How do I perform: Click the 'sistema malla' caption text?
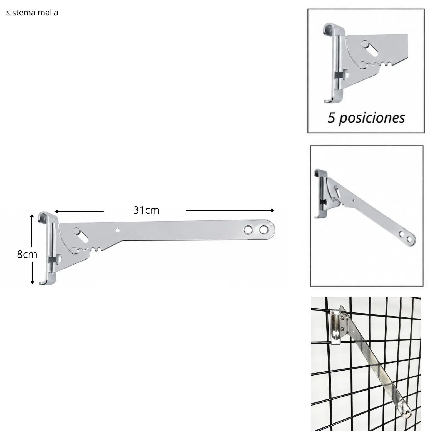click(x=32, y=13)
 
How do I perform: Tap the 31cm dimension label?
click(x=146, y=210)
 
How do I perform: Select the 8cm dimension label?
click(x=27, y=254)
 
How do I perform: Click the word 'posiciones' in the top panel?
click(x=372, y=118)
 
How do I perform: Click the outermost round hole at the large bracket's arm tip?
click(x=263, y=230)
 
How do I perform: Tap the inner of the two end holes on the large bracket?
click(x=247, y=230)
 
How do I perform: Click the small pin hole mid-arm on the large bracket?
click(x=118, y=230)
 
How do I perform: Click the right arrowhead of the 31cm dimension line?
click(x=273, y=210)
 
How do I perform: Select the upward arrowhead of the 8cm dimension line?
click(x=32, y=216)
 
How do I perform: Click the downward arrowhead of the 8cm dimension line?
click(x=32, y=282)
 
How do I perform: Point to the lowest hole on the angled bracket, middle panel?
click(x=409, y=239)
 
